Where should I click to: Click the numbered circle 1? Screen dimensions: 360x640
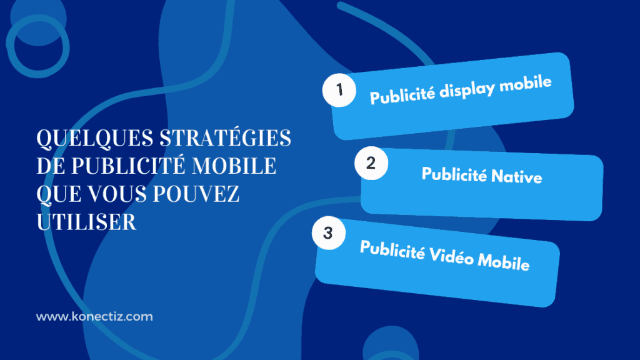(x=339, y=90)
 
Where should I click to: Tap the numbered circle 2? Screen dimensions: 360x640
(x=371, y=164)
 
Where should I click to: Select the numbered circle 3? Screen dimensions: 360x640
(x=328, y=234)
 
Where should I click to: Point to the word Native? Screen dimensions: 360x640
(x=516, y=176)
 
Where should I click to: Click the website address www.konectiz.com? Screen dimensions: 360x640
(x=94, y=317)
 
